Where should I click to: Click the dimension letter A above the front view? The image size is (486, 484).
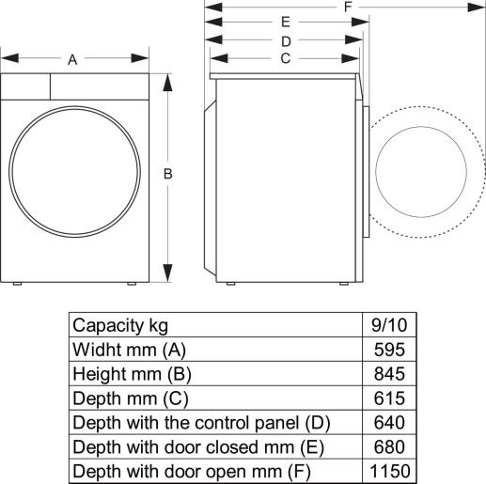click(x=72, y=60)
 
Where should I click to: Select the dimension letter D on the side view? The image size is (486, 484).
click(x=285, y=40)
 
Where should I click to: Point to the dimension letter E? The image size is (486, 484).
click(x=285, y=23)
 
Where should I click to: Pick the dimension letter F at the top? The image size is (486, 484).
click(x=348, y=7)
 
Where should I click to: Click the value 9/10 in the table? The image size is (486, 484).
click(x=388, y=325)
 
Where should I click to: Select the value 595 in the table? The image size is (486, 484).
click(x=388, y=349)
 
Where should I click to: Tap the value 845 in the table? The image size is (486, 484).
click(x=388, y=373)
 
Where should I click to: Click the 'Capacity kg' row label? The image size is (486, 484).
click(x=120, y=325)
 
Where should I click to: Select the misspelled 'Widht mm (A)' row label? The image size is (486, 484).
click(x=130, y=349)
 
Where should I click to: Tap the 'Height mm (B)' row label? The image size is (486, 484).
click(x=133, y=373)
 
